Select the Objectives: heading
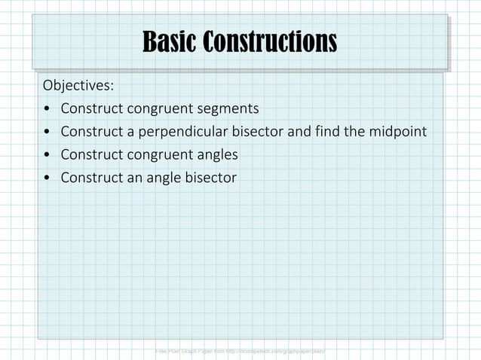78,83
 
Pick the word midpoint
396,132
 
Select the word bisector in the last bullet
207,178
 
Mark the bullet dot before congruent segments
47,108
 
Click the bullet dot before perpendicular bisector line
47,133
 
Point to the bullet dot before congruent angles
47,156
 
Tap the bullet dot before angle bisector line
47,179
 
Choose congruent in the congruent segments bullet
157,108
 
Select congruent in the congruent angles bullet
157,155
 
